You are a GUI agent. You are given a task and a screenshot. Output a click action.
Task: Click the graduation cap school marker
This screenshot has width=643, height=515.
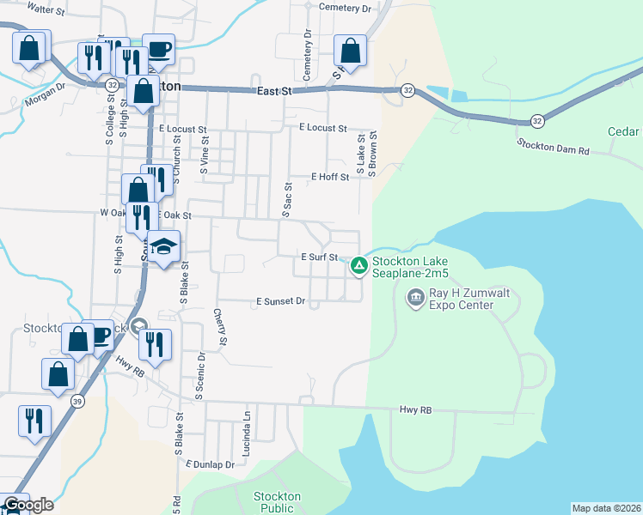pyautogui.click(x=163, y=247)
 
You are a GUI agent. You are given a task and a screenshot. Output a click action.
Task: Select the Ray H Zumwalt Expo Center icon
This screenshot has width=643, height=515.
pyautogui.click(x=415, y=298)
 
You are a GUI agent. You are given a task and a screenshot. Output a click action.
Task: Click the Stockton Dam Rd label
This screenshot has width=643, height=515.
pyautogui.click(x=553, y=147)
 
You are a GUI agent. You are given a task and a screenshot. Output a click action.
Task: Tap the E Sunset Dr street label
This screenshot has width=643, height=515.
pyautogui.click(x=281, y=301)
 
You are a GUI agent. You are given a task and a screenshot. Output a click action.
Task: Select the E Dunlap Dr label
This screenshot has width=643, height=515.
pyautogui.click(x=210, y=464)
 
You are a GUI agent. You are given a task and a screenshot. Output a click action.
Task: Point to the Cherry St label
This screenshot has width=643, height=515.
pyautogui.click(x=221, y=328)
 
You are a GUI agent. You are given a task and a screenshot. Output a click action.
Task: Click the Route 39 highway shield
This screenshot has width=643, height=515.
pyautogui.click(x=77, y=402)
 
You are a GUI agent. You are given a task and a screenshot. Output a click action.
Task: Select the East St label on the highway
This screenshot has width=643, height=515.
pyautogui.click(x=274, y=91)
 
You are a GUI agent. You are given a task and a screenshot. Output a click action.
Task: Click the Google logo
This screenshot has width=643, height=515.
pyautogui.click(x=28, y=505)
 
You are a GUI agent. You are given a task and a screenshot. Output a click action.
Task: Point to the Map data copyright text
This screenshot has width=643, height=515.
pyautogui.click(x=605, y=508)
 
